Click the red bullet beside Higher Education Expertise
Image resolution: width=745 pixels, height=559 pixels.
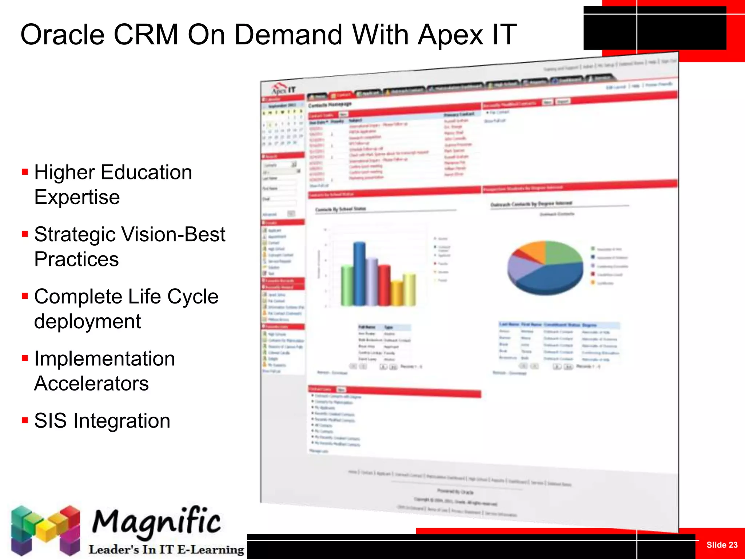[25, 172]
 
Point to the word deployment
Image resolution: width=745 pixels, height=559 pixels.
[87, 321]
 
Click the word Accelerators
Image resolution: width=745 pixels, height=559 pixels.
[91, 384]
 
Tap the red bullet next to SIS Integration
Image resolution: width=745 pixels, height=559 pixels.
[25, 421]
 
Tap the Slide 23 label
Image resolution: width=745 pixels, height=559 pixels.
[722, 545]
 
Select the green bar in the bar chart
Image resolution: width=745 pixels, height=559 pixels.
[347, 286]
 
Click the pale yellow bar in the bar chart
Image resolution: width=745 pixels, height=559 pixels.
[410, 289]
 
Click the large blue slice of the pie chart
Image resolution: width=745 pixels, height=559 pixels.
[549, 278]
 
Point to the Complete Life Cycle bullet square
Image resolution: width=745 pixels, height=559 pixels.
[25, 296]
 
